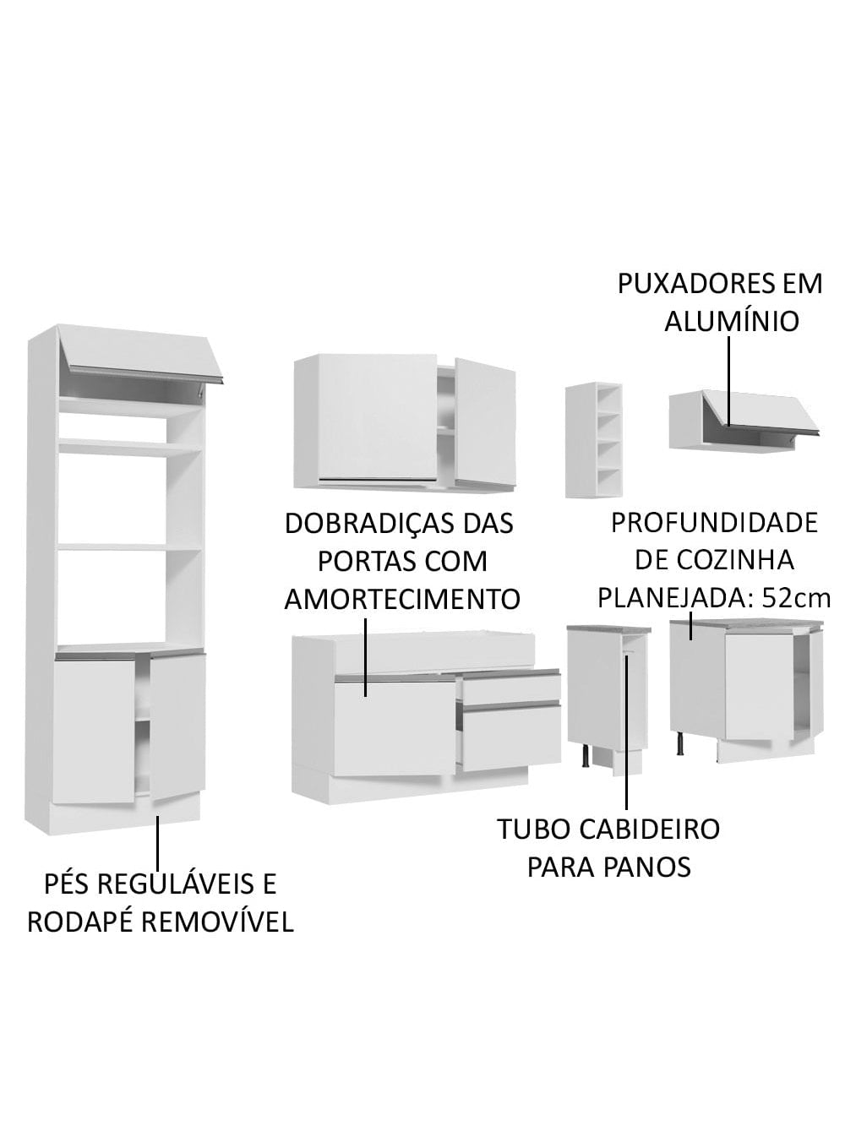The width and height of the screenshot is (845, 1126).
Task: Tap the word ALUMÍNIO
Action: [732, 322]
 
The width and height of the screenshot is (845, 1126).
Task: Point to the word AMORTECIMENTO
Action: [402, 599]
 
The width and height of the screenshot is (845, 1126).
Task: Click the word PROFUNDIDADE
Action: [714, 523]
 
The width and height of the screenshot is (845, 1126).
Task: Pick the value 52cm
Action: [797, 598]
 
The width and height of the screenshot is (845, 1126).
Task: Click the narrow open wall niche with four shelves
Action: [594, 439]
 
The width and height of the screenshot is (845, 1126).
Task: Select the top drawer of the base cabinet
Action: [510, 687]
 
